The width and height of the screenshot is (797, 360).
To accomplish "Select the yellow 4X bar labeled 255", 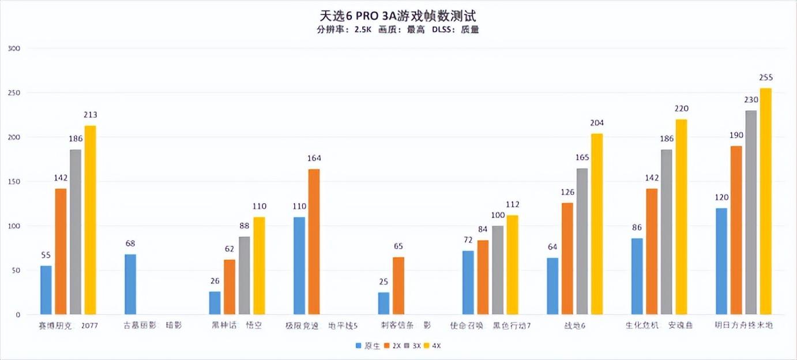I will [765, 201].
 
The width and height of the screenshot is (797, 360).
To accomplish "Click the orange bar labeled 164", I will [314, 242].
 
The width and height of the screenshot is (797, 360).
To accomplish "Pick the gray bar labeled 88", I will [244, 276].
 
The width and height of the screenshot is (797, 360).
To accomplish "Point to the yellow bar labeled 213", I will [90, 220].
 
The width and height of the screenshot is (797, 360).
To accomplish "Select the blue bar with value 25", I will [384, 303].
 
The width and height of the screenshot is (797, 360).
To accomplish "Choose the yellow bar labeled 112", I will [512, 265].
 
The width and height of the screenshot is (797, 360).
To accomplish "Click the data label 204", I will [596, 123].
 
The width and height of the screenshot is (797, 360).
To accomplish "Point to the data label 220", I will [681, 108].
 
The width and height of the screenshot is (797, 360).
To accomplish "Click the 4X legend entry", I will [432, 346].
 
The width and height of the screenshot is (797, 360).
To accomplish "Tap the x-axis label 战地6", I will [575, 325].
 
